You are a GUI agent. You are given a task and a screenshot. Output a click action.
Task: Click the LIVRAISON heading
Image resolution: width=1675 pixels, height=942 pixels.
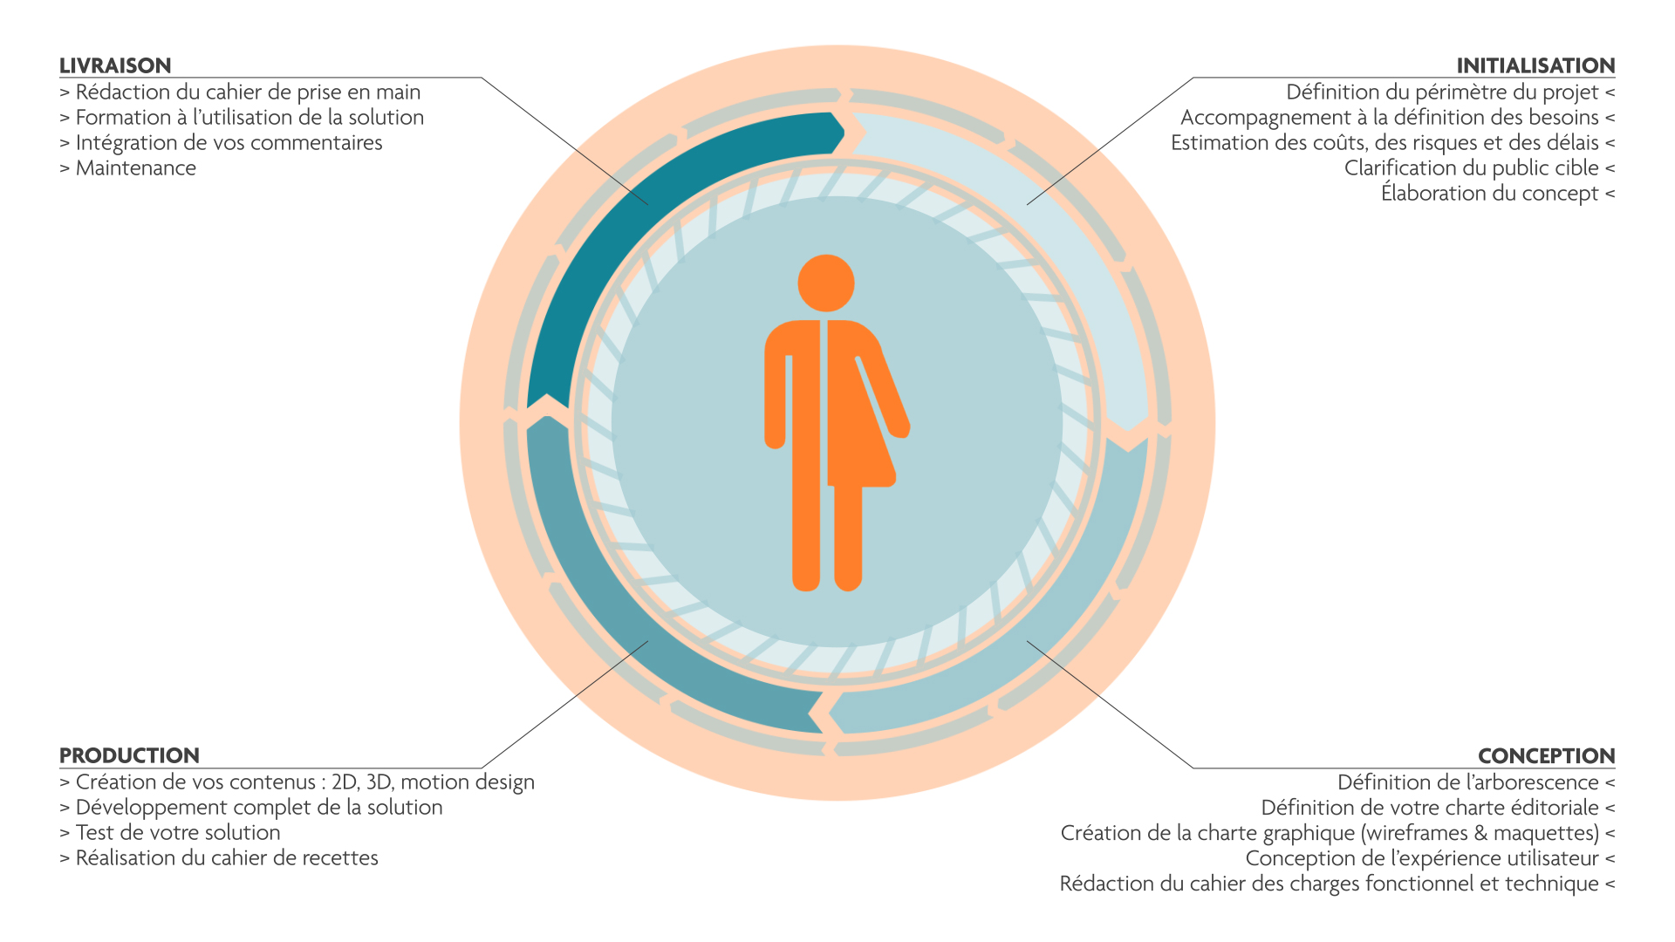pos(115,65)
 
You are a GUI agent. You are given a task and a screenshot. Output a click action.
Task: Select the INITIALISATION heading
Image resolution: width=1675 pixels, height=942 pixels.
pos(1535,65)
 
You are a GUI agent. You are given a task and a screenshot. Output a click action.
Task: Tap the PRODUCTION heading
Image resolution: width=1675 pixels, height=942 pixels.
pos(129,755)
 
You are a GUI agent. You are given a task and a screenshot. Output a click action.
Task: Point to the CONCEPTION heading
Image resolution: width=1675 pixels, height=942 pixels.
pos(1546,755)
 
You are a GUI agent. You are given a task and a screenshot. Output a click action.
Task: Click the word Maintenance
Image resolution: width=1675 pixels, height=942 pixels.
pos(136,168)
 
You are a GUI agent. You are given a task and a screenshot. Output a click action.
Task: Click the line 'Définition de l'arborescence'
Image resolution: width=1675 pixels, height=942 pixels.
pos(1468,782)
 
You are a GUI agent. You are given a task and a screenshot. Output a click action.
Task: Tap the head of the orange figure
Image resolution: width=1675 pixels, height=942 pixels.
pos(825,283)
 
